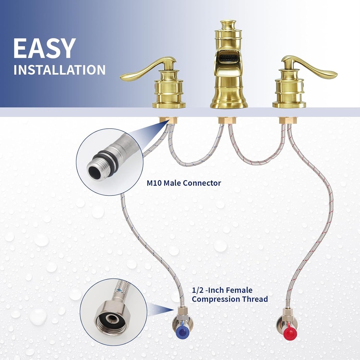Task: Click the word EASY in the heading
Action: (x=45, y=48)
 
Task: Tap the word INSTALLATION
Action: (x=59, y=70)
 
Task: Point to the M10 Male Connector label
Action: (x=184, y=183)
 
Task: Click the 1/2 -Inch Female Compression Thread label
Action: (x=230, y=295)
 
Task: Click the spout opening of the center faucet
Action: (x=229, y=58)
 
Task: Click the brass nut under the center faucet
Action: (x=226, y=120)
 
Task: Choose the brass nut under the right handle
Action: (x=288, y=120)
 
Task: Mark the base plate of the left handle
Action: (x=169, y=105)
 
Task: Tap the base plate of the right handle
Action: (x=289, y=105)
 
